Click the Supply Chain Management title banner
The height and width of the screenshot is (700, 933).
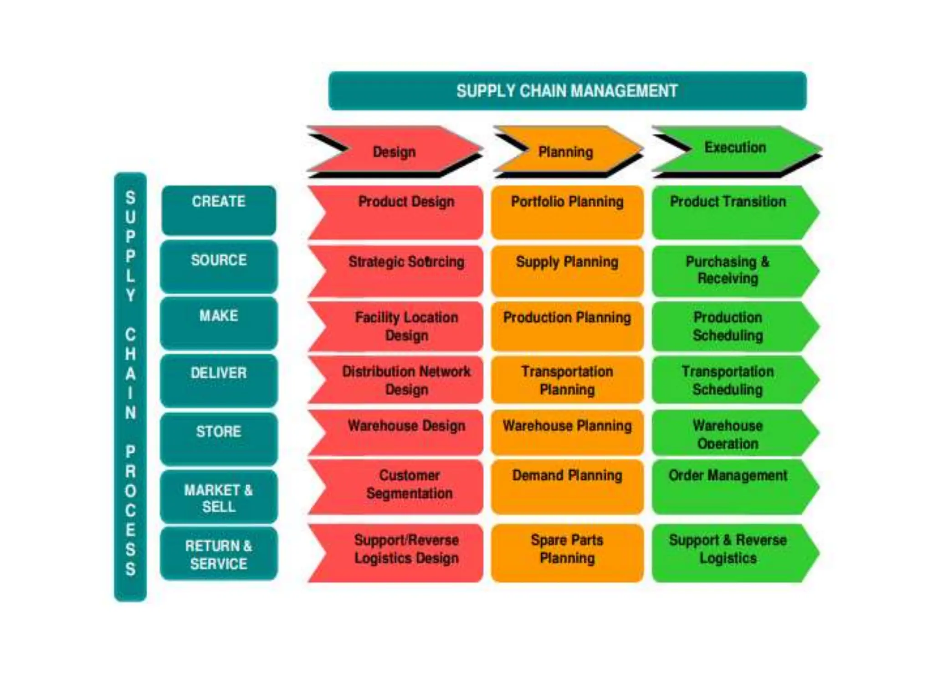tap(567, 91)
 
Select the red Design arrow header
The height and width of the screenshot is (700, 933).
tap(395, 151)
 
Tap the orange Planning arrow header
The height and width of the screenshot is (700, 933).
tap(566, 151)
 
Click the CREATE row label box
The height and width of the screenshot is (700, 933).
tap(219, 210)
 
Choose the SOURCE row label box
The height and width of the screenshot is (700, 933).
tap(219, 267)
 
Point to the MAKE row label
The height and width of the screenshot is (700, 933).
tap(219, 323)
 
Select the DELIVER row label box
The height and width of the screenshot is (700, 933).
tap(219, 380)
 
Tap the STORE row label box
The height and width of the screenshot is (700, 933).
tap(219, 438)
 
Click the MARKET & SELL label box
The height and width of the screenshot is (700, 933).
tap(219, 497)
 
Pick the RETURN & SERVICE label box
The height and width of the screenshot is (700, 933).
tap(219, 554)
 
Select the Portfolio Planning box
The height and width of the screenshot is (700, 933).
tap(567, 212)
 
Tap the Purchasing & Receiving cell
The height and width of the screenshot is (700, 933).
tap(728, 271)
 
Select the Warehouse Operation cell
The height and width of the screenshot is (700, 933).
tap(728, 433)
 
